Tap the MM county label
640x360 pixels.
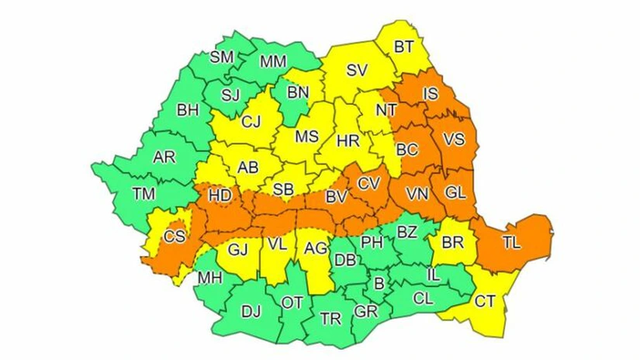273,61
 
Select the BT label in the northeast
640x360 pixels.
403,47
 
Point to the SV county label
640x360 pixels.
356,71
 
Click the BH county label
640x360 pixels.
188,110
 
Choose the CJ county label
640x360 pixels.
251,121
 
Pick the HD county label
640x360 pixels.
220,196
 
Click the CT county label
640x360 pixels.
485,299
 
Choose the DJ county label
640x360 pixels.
251,311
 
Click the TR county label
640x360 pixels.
330,318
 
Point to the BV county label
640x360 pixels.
336,197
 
